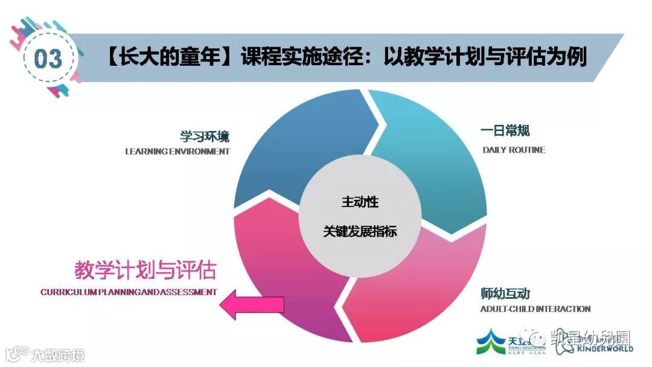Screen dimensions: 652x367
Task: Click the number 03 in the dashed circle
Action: [x=48, y=59]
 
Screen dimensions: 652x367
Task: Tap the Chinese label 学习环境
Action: [x=205, y=135]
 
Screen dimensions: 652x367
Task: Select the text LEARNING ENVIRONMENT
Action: [x=177, y=152]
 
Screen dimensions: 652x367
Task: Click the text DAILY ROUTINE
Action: [x=514, y=150]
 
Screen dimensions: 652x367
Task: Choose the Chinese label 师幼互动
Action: [x=505, y=294]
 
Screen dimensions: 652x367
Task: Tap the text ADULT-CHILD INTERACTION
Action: [x=535, y=309]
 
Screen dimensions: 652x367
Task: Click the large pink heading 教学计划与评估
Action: [x=145, y=270]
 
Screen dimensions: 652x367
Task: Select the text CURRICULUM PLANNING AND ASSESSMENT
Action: [x=129, y=292]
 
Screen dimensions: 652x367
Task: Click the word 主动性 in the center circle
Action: [x=360, y=202]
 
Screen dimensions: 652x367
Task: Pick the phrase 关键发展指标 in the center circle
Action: [x=360, y=232]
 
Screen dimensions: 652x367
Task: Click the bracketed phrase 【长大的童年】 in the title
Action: [x=170, y=58]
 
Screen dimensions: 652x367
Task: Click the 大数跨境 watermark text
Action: [x=58, y=354]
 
